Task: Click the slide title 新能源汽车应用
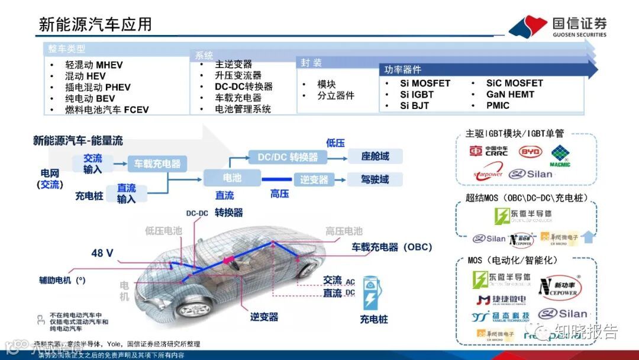[x=95, y=24]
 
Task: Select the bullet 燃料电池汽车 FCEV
[x=106, y=110]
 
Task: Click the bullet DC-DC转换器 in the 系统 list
[x=243, y=86]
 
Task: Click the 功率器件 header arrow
[x=485, y=70]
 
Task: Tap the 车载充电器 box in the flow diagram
[x=157, y=163]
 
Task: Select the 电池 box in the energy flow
[x=232, y=178]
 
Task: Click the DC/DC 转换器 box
[x=288, y=157]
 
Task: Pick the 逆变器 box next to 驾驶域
[x=314, y=179]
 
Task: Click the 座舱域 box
[x=375, y=156]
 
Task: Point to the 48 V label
[x=102, y=253]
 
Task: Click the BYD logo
[x=530, y=152]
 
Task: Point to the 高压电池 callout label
[x=344, y=232]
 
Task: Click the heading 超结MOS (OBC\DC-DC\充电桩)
[x=526, y=198]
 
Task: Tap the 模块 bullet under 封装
[x=326, y=84]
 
